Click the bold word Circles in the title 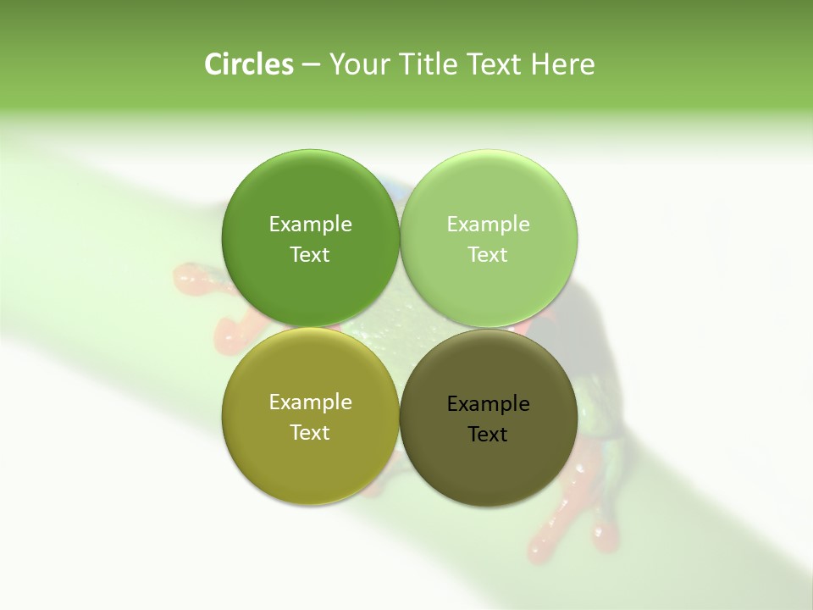[x=248, y=64]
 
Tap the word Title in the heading [x=428, y=64]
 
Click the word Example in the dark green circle [x=310, y=224]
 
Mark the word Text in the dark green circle [x=310, y=254]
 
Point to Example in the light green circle [x=488, y=224]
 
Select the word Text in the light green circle [x=488, y=254]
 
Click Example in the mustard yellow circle [x=310, y=402]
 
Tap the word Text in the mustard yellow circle [x=310, y=432]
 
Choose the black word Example [x=488, y=403]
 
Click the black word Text [x=488, y=434]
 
